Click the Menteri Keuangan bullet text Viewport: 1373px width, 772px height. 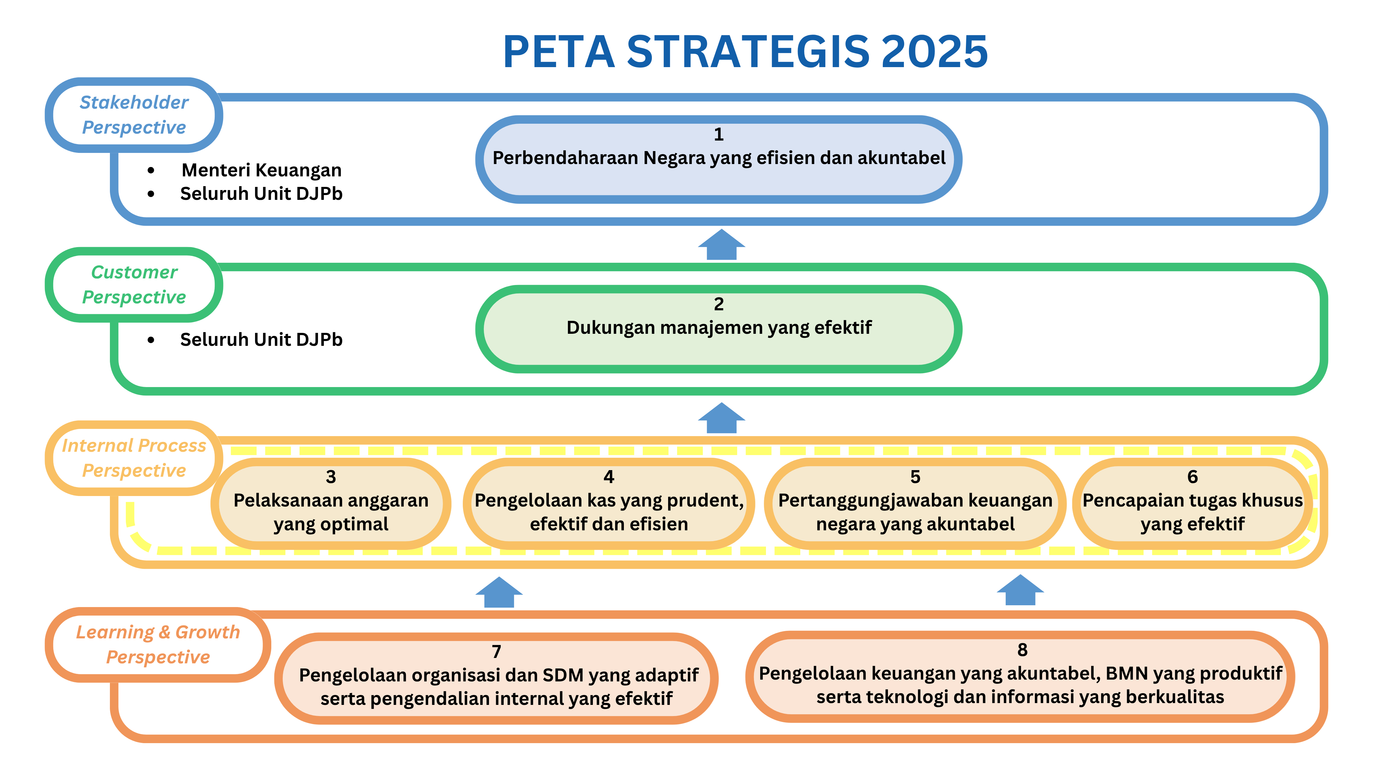[x=261, y=170]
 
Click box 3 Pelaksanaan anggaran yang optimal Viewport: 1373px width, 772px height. [x=331, y=504]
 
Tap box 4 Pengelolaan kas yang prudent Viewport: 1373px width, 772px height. [x=609, y=504]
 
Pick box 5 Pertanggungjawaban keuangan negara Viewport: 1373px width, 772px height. [x=915, y=504]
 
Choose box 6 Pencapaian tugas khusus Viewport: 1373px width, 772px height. [x=1192, y=504]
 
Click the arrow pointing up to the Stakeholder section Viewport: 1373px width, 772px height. [x=722, y=245]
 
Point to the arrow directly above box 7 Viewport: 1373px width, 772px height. [x=499, y=592]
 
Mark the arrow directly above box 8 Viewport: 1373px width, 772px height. [x=1020, y=590]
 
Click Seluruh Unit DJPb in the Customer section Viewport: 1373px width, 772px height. [x=261, y=339]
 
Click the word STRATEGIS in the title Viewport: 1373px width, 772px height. [x=748, y=52]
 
